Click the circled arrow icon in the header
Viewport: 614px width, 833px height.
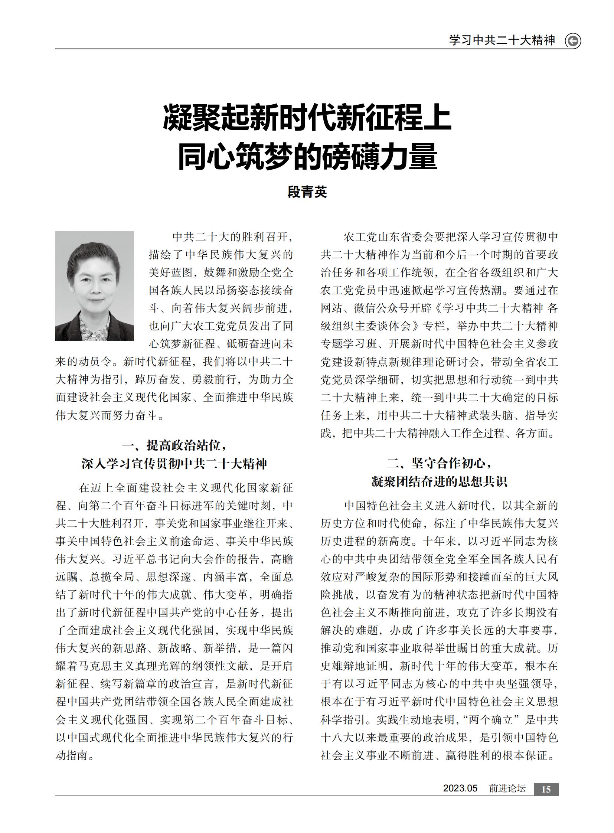pyautogui.click(x=573, y=41)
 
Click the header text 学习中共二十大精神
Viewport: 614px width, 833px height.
pyautogui.click(x=502, y=40)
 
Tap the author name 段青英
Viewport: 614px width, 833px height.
pyautogui.click(x=307, y=192)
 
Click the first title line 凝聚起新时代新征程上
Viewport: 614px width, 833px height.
pyautogui.click(x=307, y=118)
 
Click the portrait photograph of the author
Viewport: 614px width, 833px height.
pyautogui.click(x=94, y=286)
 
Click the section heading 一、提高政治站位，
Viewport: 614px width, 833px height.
pyautogui.click(x=174, y=445)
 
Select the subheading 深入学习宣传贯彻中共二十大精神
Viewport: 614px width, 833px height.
pyautogui.click(x=174, y=464)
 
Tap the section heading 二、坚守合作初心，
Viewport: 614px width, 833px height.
pyautogui.click(x=439, y=463)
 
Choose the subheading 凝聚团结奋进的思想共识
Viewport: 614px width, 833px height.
pyautogui.click(x=439, y=482)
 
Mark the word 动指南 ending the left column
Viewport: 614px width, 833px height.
pyautogui.click(x=72, y=756)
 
